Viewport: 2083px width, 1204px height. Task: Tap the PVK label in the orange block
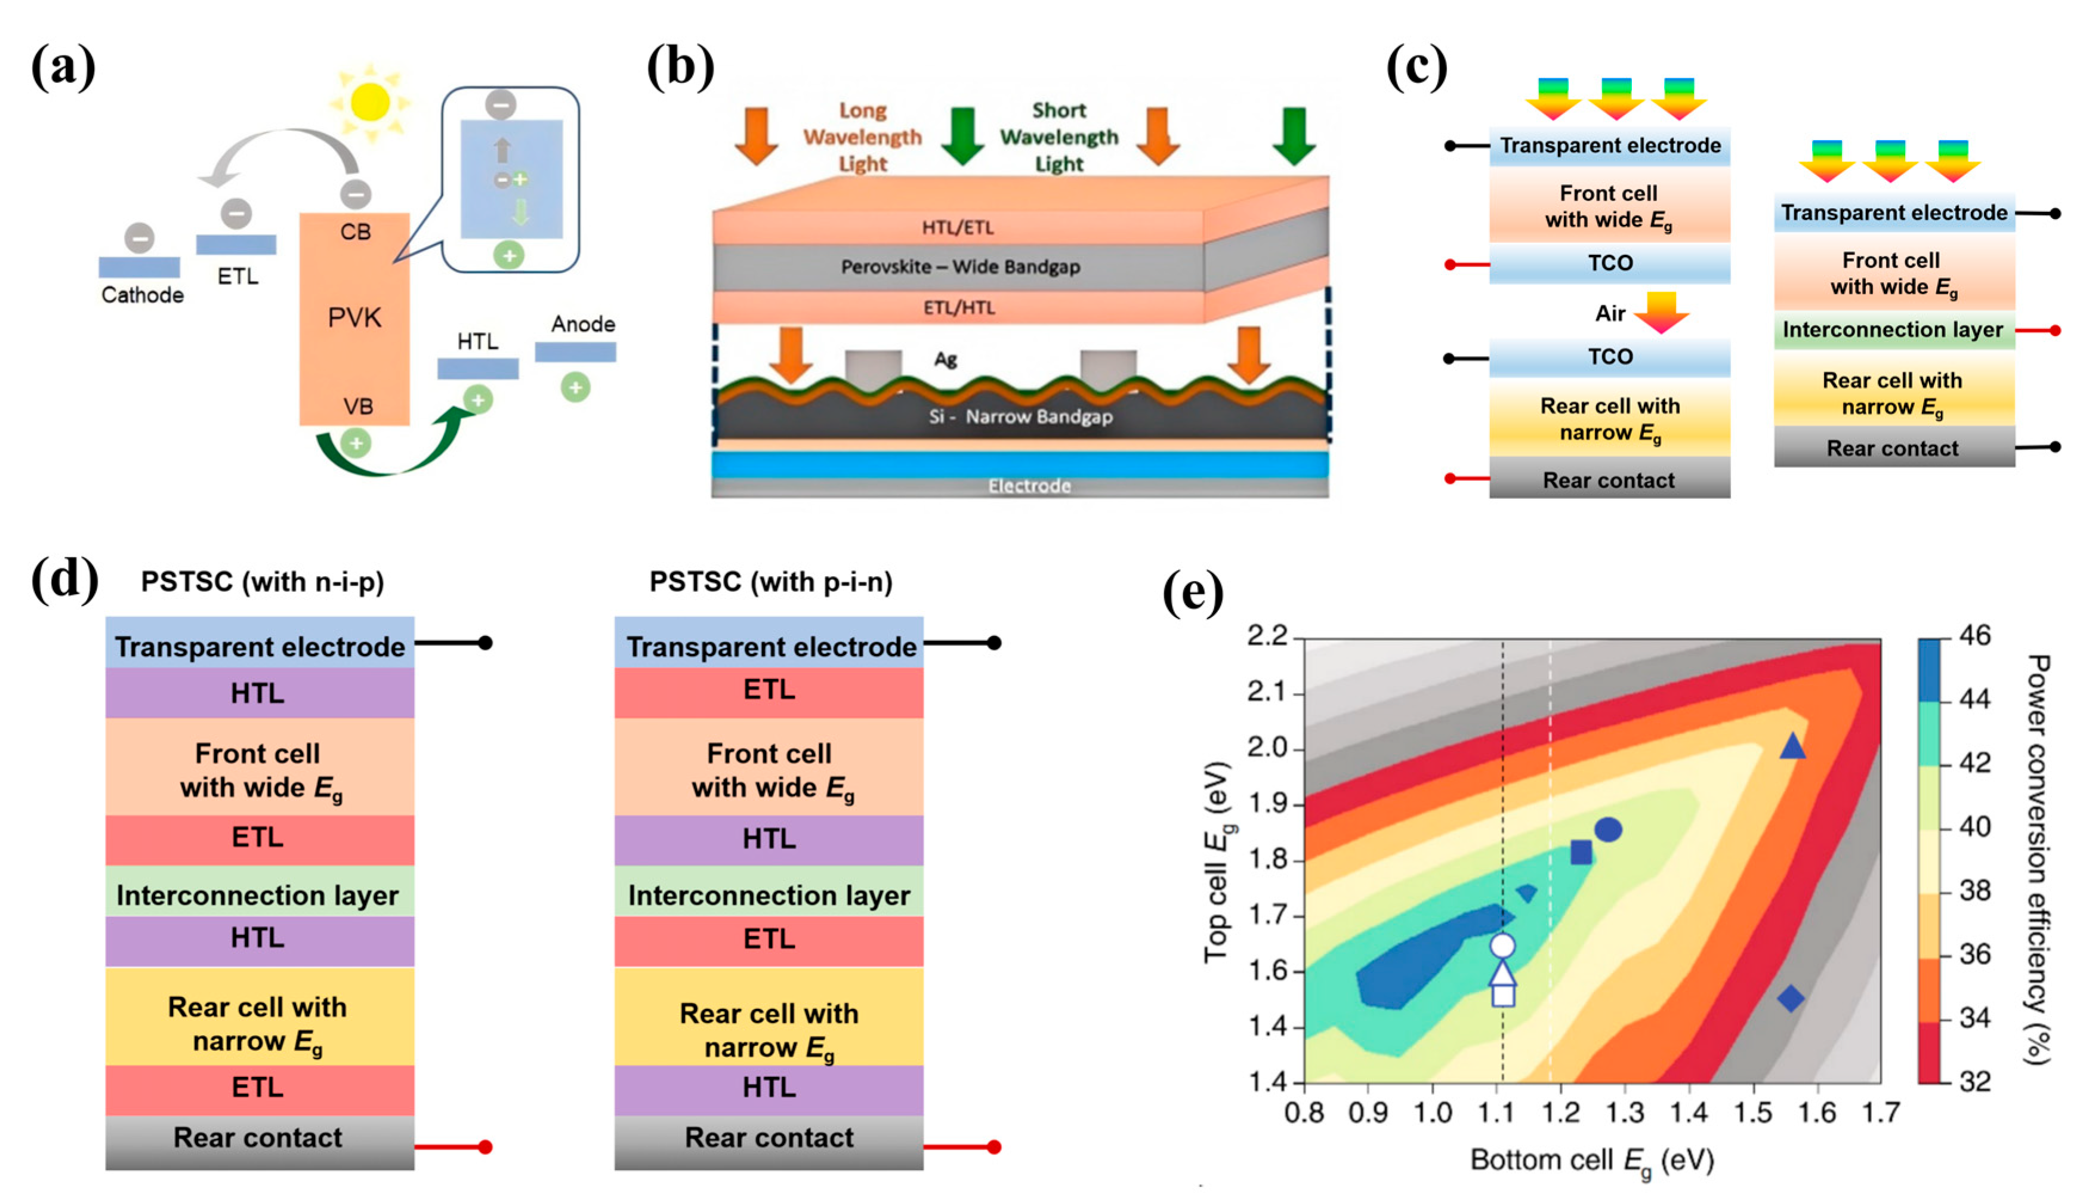354,317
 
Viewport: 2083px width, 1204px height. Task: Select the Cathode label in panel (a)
142,295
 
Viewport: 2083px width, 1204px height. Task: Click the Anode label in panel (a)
583,324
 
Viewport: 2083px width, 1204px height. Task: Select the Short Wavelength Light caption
1059,137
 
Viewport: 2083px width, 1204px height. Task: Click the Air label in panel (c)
1609,314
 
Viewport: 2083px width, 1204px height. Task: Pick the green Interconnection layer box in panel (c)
1893,331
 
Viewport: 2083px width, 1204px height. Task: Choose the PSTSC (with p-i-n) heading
770,582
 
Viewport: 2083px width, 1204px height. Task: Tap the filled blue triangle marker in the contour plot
1792,747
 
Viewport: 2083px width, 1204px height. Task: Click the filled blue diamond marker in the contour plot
1791,998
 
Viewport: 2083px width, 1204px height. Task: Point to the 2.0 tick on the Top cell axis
1267,748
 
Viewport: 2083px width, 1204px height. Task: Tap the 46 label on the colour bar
1975,635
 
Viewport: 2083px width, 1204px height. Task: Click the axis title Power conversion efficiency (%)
2038,859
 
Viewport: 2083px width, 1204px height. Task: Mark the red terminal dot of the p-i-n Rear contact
993,1147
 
